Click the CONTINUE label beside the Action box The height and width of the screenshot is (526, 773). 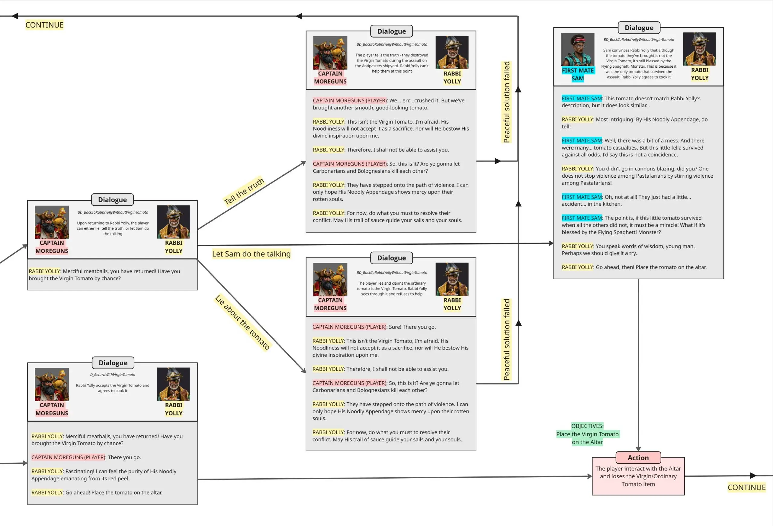tap(746, 487)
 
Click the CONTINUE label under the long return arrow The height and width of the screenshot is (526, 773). tap(44, 25)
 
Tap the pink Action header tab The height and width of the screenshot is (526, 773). tap(638, 458)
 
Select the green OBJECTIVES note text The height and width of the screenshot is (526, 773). tap(587, 434)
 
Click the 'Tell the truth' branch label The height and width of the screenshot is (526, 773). tap(244, 191)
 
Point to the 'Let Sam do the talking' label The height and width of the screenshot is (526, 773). tap(251, 254)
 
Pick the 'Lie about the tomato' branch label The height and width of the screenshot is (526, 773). tap(242, 322)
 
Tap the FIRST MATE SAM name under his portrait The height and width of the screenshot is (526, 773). tap(577, 75)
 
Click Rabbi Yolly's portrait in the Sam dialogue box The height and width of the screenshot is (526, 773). tap(699, 49)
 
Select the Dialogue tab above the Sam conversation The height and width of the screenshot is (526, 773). tap(639, 27)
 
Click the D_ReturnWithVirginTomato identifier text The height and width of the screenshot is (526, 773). tap(112, 375)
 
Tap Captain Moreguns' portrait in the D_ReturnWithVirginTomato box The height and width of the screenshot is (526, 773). tap(52, 384)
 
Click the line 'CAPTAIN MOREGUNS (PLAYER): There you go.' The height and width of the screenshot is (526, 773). tap(86, 457)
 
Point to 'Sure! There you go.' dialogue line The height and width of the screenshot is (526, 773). tap(374, 327)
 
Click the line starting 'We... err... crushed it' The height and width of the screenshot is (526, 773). tap(389, 104)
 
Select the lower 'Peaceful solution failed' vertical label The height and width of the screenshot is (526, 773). tap(506, 339)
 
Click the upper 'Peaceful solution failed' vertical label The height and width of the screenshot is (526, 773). tap(506, 102)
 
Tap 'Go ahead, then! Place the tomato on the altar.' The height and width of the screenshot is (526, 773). tap(634, 267)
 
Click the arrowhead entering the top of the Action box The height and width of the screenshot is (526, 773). tap(638, 449)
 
